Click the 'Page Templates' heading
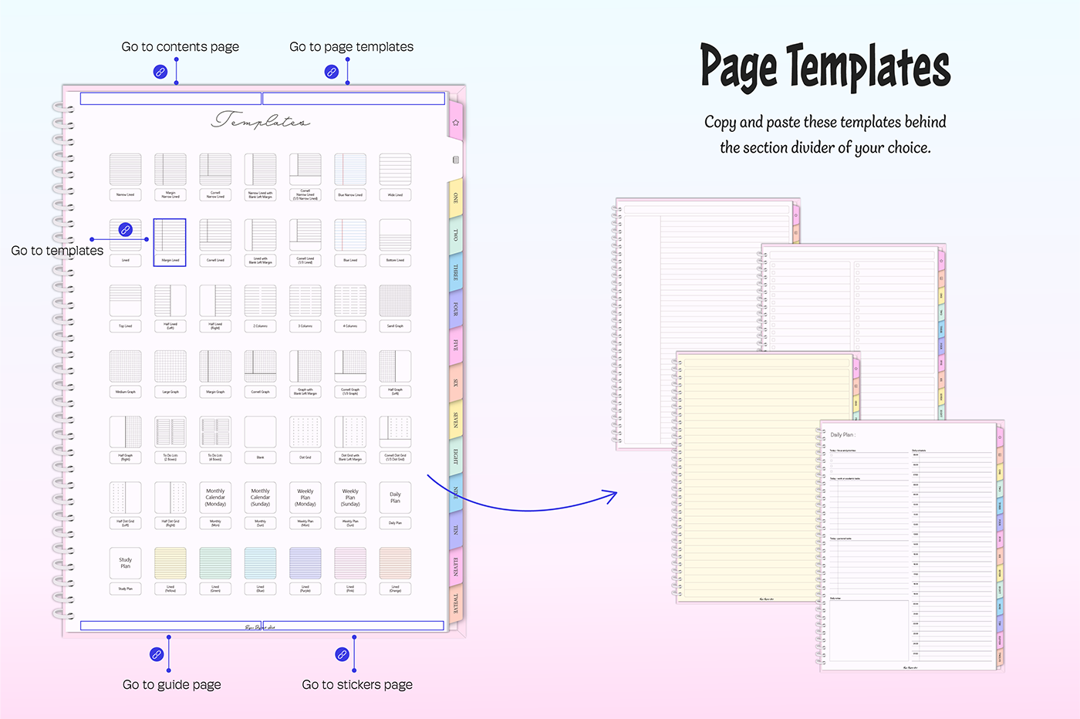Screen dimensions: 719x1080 [825, 66]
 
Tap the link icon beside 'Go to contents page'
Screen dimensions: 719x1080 [160, 72]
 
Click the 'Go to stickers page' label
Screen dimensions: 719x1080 [357, 684]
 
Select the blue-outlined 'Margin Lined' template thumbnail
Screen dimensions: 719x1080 [170, 241]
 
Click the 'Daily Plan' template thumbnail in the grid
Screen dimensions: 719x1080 [395, 498]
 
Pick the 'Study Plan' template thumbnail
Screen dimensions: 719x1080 [125, 563]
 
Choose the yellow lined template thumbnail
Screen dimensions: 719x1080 [170, 563]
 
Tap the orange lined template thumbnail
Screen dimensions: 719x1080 [395, 563]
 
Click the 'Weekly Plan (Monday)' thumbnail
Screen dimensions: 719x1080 [305, 498]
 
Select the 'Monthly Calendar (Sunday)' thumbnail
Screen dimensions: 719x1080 [260, 498]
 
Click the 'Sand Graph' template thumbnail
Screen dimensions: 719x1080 [395, 301]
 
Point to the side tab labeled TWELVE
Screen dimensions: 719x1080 [456, 603]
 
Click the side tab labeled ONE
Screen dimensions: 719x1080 [456, 198]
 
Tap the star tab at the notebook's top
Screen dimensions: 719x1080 [456, 123]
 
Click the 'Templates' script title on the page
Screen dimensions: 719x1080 [261, 120]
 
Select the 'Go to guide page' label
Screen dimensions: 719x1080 [171, 684]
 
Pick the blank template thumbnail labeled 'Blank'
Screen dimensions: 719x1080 [260, 432]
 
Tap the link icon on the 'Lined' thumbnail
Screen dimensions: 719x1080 [125, 230]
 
